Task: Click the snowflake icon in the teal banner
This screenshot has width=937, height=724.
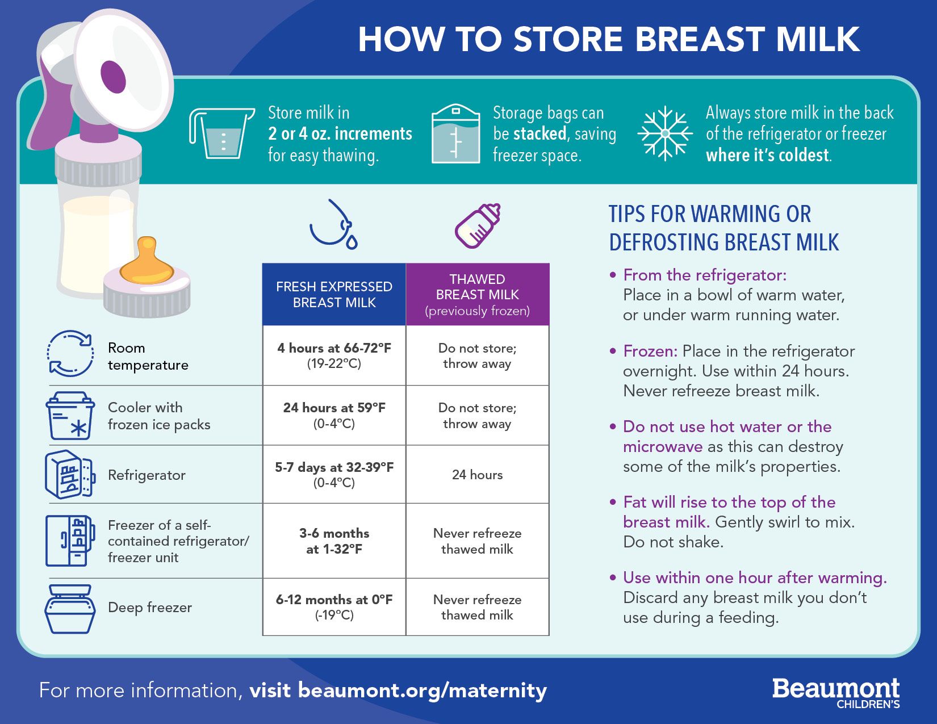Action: pyautogui.click(x=665, y=133)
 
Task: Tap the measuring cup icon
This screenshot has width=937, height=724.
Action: pyautogui.click(x=221, y=133)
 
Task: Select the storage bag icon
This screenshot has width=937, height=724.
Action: pyautogui.click(x=456, y=133)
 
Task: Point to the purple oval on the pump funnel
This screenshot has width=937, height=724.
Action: pyautogui.click(x=113, y=77)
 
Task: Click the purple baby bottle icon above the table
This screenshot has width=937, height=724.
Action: pyautogui.click(x=478, y=225)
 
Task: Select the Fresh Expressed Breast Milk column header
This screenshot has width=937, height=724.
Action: pyautogui.click(x=334, y=295)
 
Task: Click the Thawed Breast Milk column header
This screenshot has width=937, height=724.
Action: pyautogui.click(x=478, y=295)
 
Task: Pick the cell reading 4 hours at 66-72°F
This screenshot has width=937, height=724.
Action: pyautogui.click(x=334, y=355)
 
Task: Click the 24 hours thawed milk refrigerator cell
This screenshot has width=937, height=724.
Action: pyautogui.click(x=478, y=474)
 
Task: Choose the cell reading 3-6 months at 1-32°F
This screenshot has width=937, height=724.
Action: pyautogui.click(x=334, y=541)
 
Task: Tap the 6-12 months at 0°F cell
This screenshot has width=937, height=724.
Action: pyautogui.click(x=334, y=606)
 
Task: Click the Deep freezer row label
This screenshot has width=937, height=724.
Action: pyautogui.click(x=149, y=607)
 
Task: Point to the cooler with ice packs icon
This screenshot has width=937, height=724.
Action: pyautogui.click(x=70, y=415)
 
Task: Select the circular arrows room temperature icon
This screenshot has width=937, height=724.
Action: pyautogui.click(x=70, y=354)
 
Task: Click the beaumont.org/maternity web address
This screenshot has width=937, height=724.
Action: pyautogui.click(x=423, y=690)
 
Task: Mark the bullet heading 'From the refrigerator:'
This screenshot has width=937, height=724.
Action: pyautogui.click(x=705, y=275)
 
